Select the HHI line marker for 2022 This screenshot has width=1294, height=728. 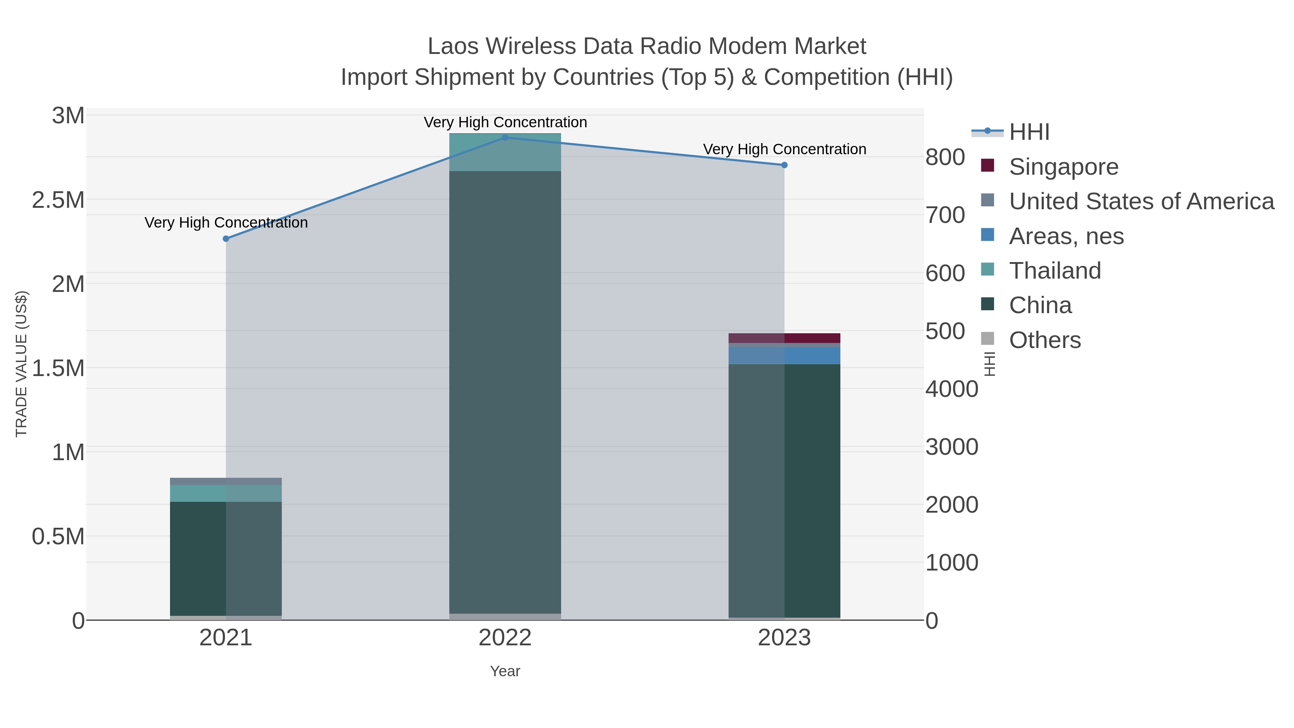pyautogui.click(x=505, y=138)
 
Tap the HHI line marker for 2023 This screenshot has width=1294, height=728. pyautogui.click(x=784, y=165)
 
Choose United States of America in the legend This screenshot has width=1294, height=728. pyautogui.click(x=1141, y=201)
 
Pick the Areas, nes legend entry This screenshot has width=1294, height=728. pyautogui.click(x=1066, y=236)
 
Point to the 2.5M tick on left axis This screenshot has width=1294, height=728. pyautogui.click(x=58, y=200)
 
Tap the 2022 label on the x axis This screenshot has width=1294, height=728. pyautogui.click(x=505, y=638)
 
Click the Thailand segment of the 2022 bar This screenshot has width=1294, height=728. pyautogui.click(x=505, y=152)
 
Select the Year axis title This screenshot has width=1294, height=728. pyautogui.click(x=505, y=671)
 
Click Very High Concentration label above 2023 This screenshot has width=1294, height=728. pyautogui.click(x=784, y=149)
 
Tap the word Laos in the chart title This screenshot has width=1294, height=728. pyautogui.click(x=454, y=46)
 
